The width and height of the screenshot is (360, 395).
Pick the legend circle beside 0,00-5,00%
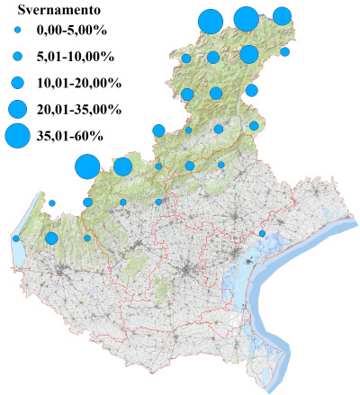click(x=18, y=31)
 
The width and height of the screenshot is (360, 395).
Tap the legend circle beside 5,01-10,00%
click(x=18, y=57)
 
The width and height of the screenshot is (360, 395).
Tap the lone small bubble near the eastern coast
click(x=262, y=234)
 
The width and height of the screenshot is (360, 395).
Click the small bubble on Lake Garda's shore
click(x=16, y=238)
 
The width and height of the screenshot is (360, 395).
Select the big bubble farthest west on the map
click(x=86, y=166)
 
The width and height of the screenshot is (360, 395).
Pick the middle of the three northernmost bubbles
click(x=246, y=18)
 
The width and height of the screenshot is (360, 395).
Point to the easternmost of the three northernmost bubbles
click(x=282, y=15)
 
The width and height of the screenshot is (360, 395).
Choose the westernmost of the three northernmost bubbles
click(x=210, y=20)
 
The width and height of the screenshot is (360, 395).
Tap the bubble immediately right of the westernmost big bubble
click(x=123, y=166)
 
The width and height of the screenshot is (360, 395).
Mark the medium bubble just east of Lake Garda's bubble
click(x=51, y=238)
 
